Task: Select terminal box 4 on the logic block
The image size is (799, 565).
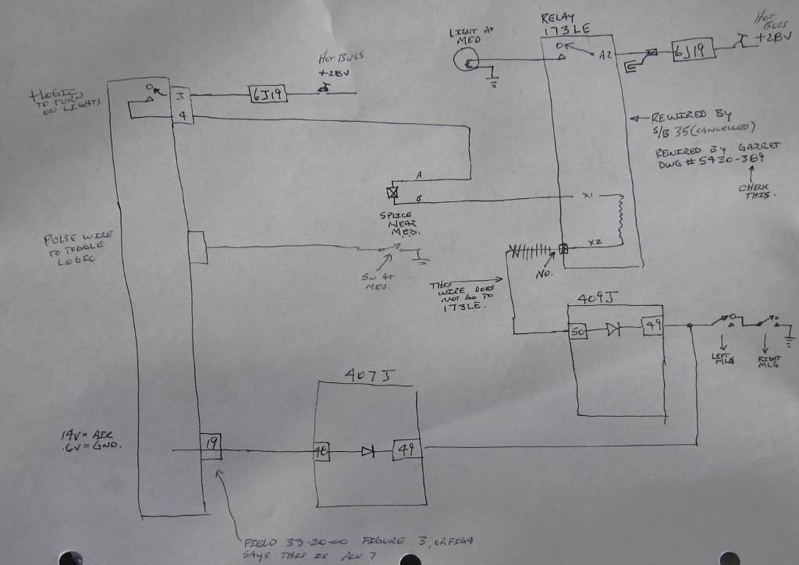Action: pos(180,116)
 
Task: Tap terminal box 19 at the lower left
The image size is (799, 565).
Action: pos(211,446)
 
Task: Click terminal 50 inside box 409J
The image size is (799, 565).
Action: pos(579,331)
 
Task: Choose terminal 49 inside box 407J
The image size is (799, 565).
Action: pos(407,450)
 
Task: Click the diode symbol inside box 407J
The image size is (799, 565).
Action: pos(367,450)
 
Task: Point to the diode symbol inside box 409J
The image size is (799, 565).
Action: pos(614,329)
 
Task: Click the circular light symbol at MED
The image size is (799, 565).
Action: pos(467,59)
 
